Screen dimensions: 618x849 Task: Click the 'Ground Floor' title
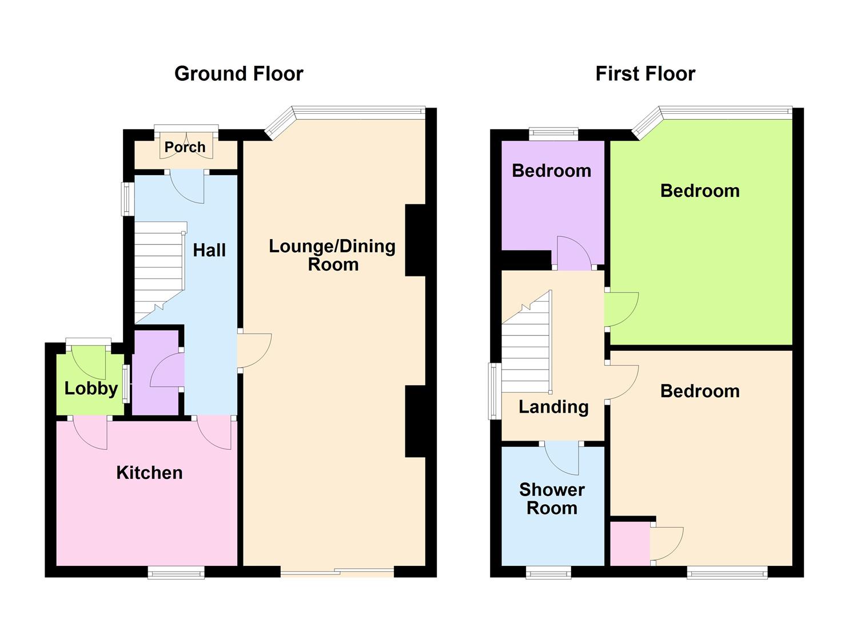tap(238, 74)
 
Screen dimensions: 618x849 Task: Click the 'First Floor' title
tap(645, 74)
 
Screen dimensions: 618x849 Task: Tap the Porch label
tap(185, 147)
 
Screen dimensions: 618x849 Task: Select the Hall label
tap(209, 250)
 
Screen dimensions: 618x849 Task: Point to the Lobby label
tap(91, 389)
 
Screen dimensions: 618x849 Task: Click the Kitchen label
tap(149, 473)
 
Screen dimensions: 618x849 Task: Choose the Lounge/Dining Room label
tap(332, 255)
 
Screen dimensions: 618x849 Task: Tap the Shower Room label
tap(552, 498)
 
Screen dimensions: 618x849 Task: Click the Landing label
tap(553, 407)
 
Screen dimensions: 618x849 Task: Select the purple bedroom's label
tap(551, 171)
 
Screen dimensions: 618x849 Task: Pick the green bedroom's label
tap(700, 191)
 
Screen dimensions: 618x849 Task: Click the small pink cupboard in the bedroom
tap(630, 542)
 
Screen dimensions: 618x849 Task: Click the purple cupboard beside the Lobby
tap(156, 372)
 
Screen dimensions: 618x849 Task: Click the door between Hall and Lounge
tap(253, 350)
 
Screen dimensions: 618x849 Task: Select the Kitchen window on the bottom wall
tap(176, 572)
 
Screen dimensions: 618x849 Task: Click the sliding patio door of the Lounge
tap(337, 571)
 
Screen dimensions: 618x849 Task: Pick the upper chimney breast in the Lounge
tap(416, 240)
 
